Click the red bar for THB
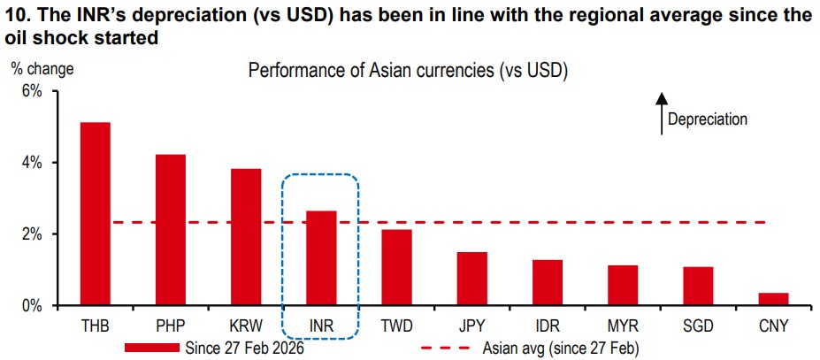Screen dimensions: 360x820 (96, 214)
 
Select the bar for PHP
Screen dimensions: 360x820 (171, 230)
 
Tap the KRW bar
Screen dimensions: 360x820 (246, 237)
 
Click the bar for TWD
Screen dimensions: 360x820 (396, 268)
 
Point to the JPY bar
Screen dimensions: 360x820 (471, 279)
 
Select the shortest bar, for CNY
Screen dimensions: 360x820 (773, 299)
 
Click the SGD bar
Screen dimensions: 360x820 (698, 286)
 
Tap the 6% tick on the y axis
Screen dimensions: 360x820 (30, 91)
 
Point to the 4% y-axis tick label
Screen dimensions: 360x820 (30, 163)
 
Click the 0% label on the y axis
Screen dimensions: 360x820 (30, 306)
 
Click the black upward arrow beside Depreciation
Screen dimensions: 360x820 (661, 114)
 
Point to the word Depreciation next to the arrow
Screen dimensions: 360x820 (707, 119)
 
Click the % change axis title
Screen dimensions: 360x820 (42, 68)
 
